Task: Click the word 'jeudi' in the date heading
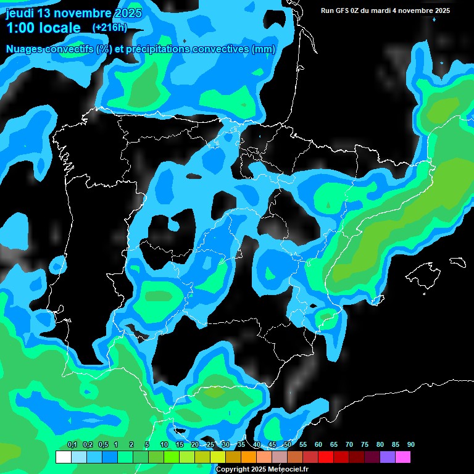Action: (x=19, y=13)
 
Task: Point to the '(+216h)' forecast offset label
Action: (x=109, y=28)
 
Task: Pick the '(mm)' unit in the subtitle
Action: (x=264, y=49)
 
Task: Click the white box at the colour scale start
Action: (x=63, y=457)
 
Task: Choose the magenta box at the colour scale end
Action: (x=403, y=457)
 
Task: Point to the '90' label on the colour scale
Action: (x=411, y=445)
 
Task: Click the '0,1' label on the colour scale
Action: (x=72, y=445)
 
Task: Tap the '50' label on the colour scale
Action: (x=288, y=445)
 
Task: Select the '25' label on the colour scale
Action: (x=210, y=445)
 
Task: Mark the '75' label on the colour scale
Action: (x=365, y=445)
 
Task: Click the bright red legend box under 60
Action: (x=326, y=457)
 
